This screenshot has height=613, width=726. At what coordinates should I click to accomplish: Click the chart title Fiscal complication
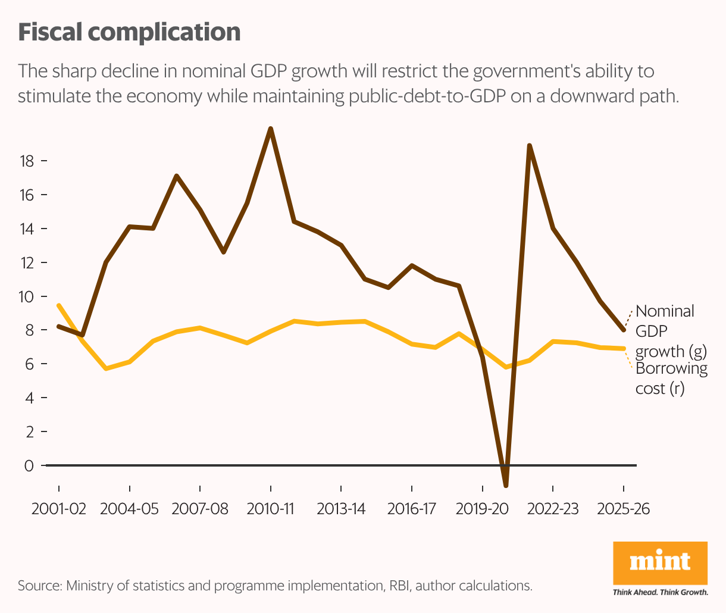click(129, 32)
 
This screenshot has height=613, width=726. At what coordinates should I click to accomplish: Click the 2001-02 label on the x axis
click(59, 509)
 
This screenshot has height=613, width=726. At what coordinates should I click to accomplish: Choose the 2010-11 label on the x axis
click(271, 509)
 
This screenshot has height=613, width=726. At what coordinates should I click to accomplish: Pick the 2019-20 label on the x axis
click(482, 509)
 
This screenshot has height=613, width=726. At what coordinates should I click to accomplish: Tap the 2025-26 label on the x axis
click(623, 509)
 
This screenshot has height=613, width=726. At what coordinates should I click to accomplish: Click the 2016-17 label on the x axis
click(412, 509)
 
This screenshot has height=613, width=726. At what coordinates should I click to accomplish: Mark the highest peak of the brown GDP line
click(271, 129)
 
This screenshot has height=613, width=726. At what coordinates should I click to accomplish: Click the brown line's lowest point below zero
click(506, 486)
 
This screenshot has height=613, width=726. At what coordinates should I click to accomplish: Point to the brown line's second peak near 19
click(529, 145)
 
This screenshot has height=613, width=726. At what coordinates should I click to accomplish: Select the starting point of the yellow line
click(58, 305)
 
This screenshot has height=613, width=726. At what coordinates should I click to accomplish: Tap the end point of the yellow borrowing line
click(624, 349)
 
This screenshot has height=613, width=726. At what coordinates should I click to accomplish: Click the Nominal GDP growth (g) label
click(671, 331)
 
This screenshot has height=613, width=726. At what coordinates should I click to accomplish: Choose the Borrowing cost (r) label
click(671, 378)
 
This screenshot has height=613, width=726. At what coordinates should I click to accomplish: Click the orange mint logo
click(660, 562)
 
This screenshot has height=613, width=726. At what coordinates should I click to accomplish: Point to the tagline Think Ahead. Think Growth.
click(661, 592)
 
